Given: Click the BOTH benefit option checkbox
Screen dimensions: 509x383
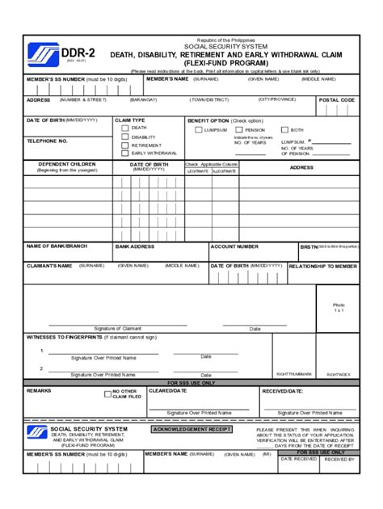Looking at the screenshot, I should click(284, 129).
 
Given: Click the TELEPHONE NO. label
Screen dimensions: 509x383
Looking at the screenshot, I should click(47, 141).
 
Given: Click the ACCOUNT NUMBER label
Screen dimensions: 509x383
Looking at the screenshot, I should click(235, 246).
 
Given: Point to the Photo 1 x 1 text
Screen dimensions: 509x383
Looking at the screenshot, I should click(339, 307).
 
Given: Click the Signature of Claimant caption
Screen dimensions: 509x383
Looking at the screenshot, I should click(118, 328).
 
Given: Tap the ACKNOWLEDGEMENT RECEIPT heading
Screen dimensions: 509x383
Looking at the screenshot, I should click(191, 429).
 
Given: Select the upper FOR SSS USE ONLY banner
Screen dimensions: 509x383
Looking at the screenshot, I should click(191, 382).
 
